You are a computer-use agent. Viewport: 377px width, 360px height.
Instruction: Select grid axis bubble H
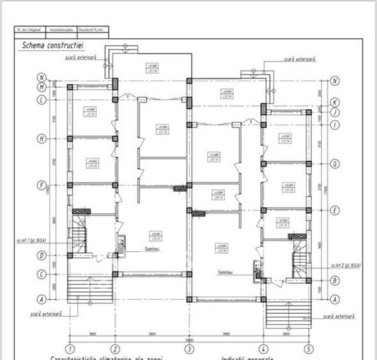[42, 138]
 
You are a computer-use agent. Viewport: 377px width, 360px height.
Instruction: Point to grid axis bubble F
[42, 186]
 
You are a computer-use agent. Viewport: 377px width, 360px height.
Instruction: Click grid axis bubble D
[42, 256]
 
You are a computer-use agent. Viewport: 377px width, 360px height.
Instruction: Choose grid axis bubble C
[42, 274]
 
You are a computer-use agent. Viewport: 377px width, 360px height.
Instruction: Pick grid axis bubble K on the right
[335, 102]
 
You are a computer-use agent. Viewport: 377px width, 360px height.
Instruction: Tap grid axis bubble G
[335, 164]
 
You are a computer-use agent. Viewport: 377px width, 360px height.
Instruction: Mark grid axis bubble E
[335, 210]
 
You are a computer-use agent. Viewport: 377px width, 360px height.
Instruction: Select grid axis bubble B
[335, 280]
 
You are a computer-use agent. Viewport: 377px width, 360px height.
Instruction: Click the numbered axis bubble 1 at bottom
[71, 349]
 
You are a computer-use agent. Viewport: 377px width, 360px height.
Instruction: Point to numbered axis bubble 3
[189, 349]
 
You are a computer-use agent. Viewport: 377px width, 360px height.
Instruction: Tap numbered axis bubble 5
[308, 349]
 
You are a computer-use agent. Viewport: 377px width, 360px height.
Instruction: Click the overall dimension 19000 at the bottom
[189, 339]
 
